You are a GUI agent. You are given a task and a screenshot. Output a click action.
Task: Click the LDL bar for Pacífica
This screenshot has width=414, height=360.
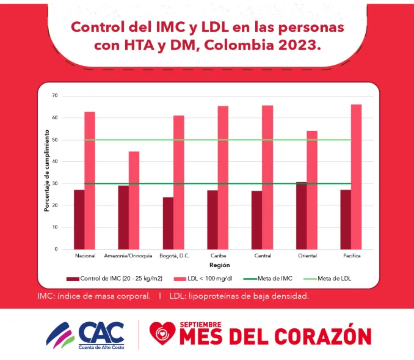pos(356,177)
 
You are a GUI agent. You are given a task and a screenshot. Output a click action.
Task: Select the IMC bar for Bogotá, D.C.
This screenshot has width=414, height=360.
pos(168,223)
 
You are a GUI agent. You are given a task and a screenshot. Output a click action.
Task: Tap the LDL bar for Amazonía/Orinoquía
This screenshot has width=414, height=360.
pos(134,200)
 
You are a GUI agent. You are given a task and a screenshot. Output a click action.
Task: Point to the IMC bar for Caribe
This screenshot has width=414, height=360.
pos(212,220)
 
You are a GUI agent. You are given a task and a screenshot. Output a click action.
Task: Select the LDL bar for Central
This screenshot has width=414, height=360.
pos(267,177)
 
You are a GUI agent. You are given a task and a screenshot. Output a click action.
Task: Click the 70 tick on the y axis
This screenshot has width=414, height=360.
pos(54,96)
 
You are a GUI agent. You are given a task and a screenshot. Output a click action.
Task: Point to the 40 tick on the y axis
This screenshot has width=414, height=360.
pos(54,162)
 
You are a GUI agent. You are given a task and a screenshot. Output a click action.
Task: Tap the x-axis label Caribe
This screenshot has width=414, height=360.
pos(218,255)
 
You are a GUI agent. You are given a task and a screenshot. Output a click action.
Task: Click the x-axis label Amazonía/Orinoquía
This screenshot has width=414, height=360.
pos(128,255)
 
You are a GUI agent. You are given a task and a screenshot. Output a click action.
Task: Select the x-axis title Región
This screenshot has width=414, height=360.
pos(219,266)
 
